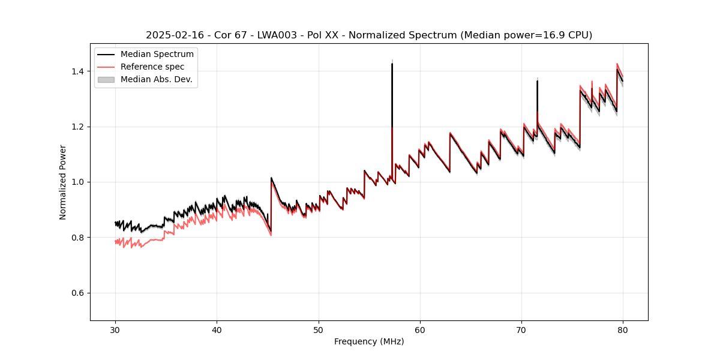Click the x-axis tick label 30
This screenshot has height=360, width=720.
point(116,330)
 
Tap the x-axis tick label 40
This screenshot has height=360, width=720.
point(217,330)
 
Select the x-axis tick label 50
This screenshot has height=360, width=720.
point(319,330)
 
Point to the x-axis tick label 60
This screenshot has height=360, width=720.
point(420,330)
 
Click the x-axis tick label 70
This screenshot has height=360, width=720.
point(521,330)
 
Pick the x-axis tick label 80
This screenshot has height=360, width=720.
point(623,330)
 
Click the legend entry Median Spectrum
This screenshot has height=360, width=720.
point(157,55)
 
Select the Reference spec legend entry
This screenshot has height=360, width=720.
point(152,67)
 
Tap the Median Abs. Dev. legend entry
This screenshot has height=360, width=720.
point(156,79)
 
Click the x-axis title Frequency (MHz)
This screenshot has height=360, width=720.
point(369,341)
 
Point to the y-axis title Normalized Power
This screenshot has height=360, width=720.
point(63,182)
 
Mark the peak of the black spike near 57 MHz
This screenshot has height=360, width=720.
point(392,64)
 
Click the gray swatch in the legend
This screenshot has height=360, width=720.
point(107,79)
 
